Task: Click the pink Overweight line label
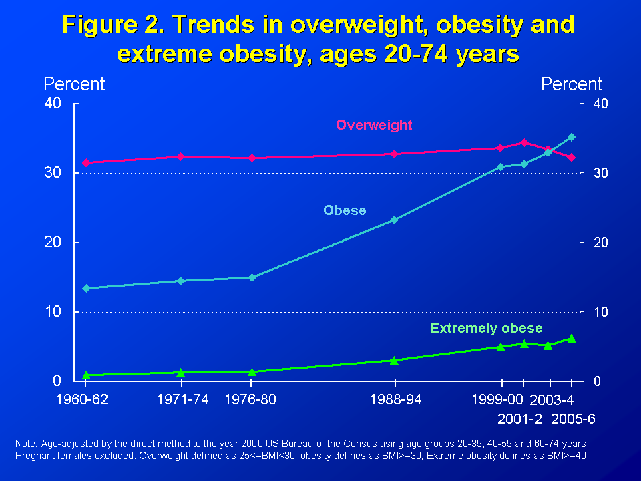click(x=374, y=125)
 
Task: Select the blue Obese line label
click(x=345, y=210)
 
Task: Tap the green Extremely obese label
click(x=486, y=328)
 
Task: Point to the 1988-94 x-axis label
click(x=395, y=399)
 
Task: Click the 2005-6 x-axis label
click(x=573, y=419)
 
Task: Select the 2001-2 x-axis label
click(x=521, y=419)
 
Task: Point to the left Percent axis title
click(x=74, y=84)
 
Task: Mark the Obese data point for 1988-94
click(x=394, y=220)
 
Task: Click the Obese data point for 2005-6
click(x=571, y=137)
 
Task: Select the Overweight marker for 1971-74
click(x=180, y=156)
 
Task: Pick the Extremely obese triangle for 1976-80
click(x=252, y=371)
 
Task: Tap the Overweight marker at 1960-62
click(x=85, y=162)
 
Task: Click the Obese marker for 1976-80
click(x=252, y=277)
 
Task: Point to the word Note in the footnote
click(x=26, y=444)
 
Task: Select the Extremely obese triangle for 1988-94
click(x=394, y=360)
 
